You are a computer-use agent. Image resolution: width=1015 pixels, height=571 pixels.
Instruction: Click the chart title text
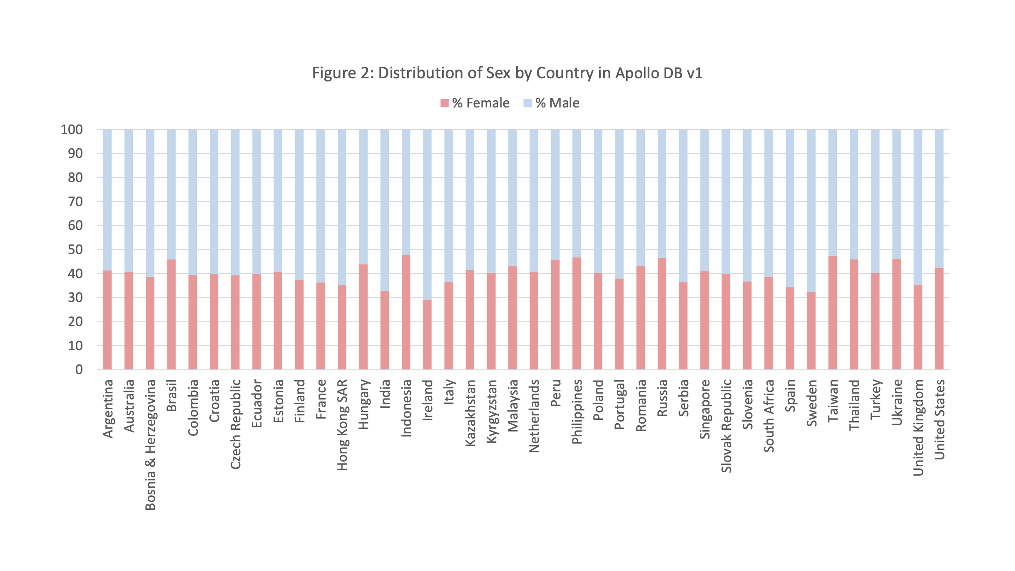click(507, 73)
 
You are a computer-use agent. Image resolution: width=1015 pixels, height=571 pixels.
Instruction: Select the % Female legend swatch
click(444, 103)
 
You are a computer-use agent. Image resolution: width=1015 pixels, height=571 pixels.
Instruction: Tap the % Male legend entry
click(551, 103)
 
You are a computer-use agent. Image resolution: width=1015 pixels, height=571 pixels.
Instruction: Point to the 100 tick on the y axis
click(72, 130)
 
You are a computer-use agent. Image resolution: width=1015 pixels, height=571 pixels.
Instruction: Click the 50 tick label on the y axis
click(75, 249)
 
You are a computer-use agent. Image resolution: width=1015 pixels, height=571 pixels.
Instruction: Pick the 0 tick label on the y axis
click(79, 369)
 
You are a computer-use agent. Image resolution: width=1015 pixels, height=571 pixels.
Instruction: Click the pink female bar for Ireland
click(427, 334)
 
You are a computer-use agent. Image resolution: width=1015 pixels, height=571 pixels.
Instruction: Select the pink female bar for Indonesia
click(406, 312)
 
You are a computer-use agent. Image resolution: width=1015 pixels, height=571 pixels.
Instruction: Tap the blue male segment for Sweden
click(811, 211)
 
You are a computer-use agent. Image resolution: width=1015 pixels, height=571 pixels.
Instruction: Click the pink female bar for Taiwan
click(832, 312)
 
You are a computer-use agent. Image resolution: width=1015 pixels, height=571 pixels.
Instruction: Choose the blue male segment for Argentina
click(107, 200)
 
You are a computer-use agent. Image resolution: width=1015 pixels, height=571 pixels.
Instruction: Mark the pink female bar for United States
click(939, 319)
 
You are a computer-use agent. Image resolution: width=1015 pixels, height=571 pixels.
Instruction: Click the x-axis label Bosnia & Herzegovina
click(150, 445)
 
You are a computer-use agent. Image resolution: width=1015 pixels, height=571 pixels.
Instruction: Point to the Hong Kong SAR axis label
click(342, 425)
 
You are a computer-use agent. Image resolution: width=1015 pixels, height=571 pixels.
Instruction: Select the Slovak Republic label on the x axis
click(726, 426)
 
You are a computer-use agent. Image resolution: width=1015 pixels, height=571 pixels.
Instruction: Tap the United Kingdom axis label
click(918, 428)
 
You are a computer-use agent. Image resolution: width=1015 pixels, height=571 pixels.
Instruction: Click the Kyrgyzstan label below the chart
click(492, 411)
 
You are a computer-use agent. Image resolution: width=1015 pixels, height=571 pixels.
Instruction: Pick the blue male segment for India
click(385, 210)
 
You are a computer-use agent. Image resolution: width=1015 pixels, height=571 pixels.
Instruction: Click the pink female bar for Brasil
click(171, 314)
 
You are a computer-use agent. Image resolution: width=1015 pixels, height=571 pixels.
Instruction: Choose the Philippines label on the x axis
click(577, 411)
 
